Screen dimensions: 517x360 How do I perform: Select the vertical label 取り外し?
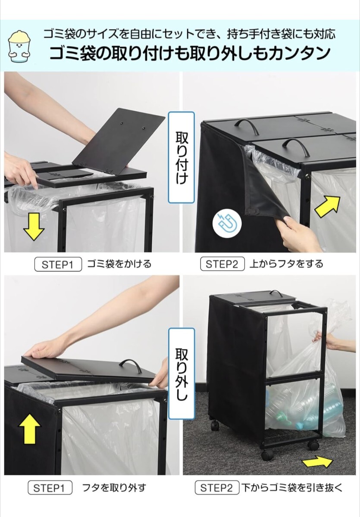[x=181, y=374]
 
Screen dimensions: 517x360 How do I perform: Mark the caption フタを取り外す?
[x=114, y=488]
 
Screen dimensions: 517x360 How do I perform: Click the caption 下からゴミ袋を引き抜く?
[x=291, y=488]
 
